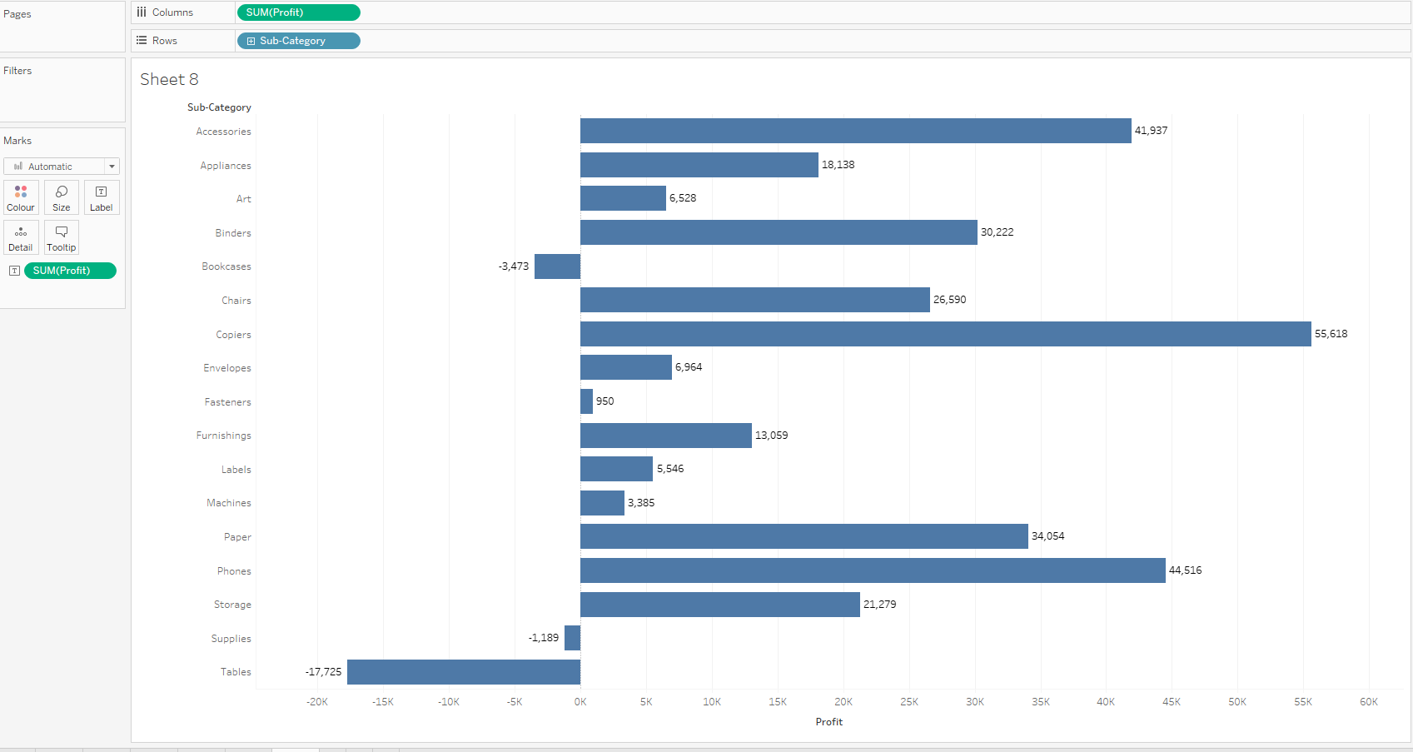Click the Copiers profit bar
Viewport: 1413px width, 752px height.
click(945, 334)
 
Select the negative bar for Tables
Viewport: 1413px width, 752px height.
click(464, 672)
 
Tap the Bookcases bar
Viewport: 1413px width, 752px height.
click(557, 266)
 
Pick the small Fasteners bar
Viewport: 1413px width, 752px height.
click(586, 401)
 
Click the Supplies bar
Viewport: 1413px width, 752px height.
click(572, 638)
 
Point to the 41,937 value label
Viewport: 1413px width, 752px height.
click(1151, 131)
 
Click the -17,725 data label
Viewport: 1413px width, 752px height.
click(323, 672)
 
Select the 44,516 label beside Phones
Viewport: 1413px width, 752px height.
click(1185, 570)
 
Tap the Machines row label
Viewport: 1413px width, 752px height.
click(229, 503)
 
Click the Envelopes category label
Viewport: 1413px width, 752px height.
click(227, 368)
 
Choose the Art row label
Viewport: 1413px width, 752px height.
click(243, 199)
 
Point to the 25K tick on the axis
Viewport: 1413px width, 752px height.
click(908, 702)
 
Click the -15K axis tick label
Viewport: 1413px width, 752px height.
click(382, 702)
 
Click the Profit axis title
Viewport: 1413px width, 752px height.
click(828, 722)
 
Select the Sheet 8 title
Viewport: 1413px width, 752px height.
click(169, 79)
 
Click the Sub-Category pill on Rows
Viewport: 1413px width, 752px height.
click(298, 41)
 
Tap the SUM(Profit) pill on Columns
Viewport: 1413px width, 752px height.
click(298, 12)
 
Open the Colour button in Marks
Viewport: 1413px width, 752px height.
click(21, 197)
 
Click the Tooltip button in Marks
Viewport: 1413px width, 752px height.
click(62, 237)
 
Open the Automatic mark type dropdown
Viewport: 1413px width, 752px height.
click(62, 167)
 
